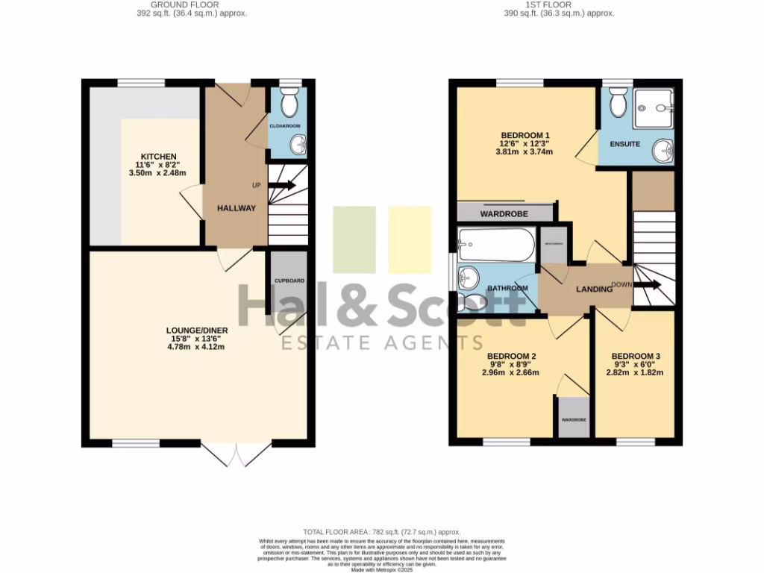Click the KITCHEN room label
pyautogui.click(x=157, y=156)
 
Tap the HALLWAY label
pyautogui.click(x=237, y=208)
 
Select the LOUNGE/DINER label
pyautogui.click(x=197, y=330)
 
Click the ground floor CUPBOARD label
pyautogui.click(x=289, y=281)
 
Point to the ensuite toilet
pyautogui.click(x=618, y=104)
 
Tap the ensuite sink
pyautogui.click(x=663, y=151)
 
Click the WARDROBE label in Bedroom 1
pyautogui.click(x=504, y=214)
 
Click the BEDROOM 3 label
pyautogui.click(x=636, y=356)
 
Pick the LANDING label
pyautogui.click(x=594, y=289)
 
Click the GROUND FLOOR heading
pyautogui.click(x=179, y=4)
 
